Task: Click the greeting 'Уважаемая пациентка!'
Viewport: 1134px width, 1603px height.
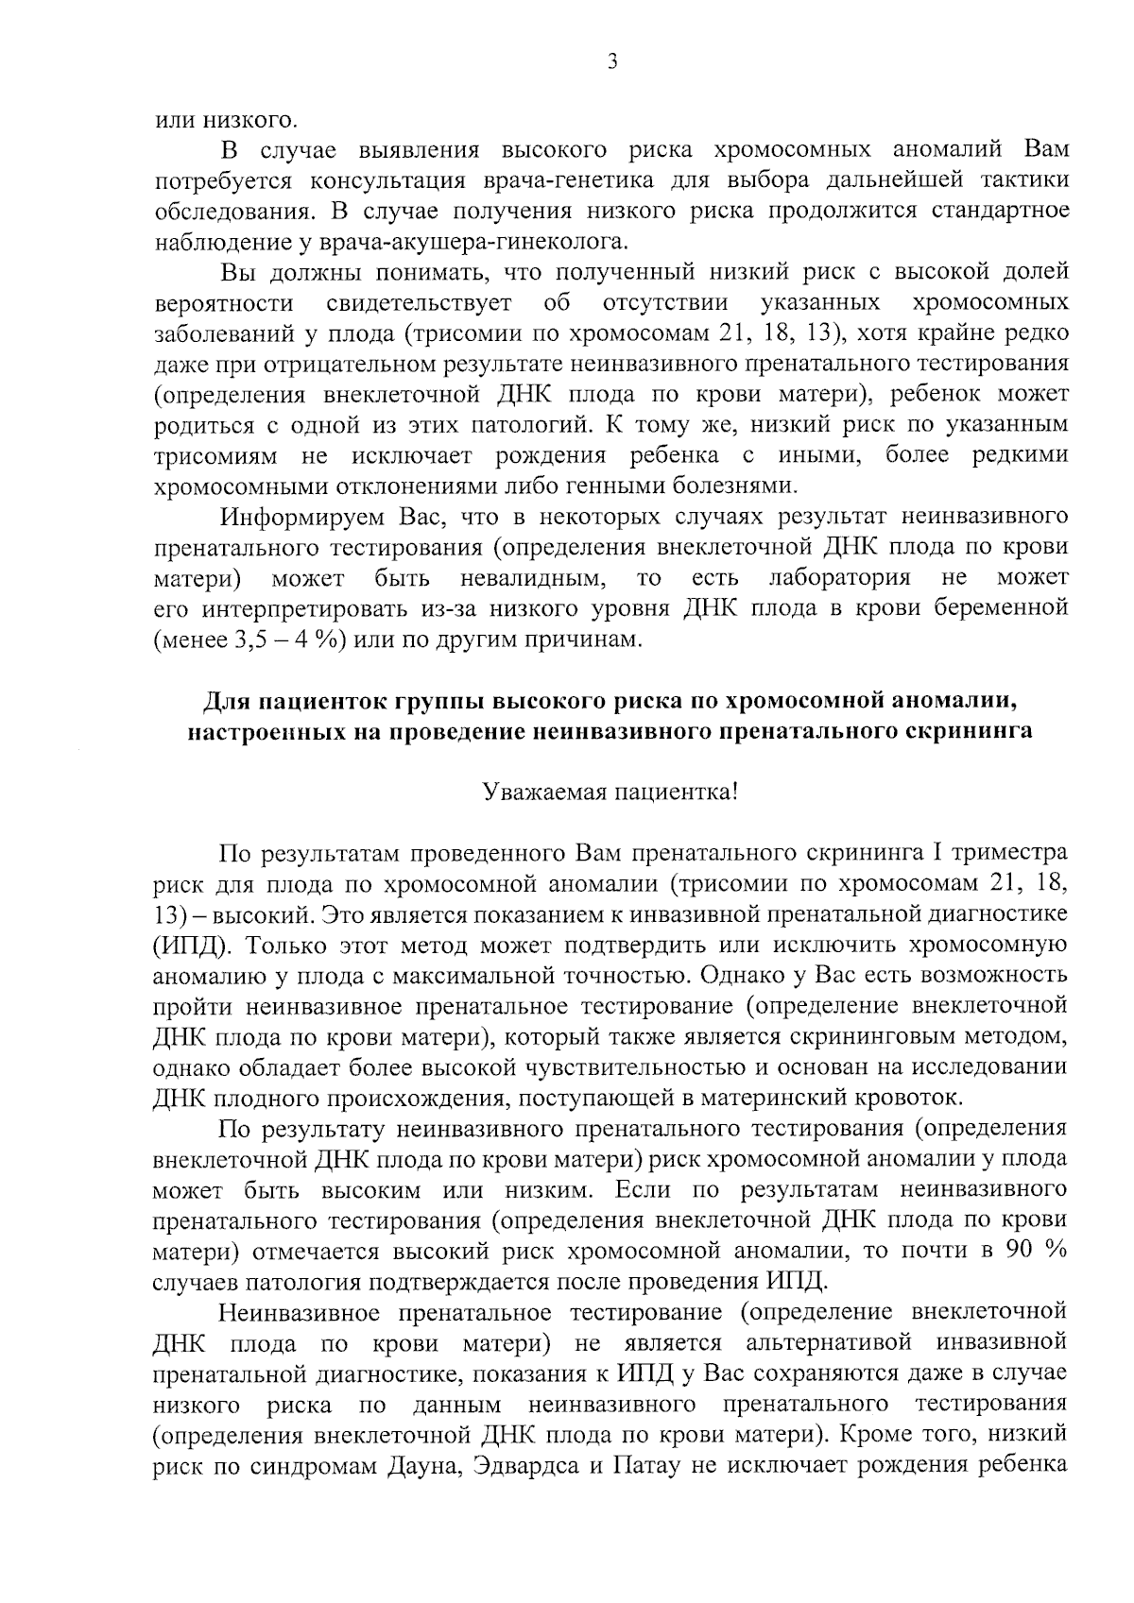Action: tap(609, 792)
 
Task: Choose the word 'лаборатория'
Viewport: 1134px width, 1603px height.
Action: tap(839, 577)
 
